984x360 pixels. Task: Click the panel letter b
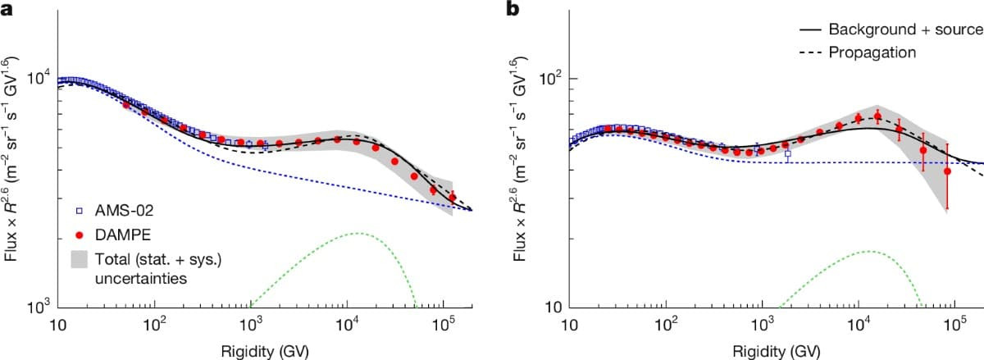click(x=512, y=8)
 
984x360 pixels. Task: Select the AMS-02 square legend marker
click(x=80, y=211)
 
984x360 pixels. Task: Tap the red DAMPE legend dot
click(x=80, y=235)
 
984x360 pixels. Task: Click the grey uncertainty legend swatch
click(x=79, y=259)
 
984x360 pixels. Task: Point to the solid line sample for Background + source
click(x=810, y=30)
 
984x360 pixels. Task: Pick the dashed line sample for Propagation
click(x=810, y=53)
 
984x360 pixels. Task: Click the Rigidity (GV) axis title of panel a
click(x=265, y=351)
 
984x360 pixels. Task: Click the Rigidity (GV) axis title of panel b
click(x=777, y=351)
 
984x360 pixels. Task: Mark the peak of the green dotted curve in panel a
click(x=359, y=234)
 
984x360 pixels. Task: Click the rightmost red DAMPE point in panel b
click(x=947, y=171)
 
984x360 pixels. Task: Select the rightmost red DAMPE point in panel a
click(x=453, y=198)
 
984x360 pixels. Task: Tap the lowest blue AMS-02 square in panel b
click(x=788, y=154)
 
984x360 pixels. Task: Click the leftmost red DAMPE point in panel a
click(x=126, y=105)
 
